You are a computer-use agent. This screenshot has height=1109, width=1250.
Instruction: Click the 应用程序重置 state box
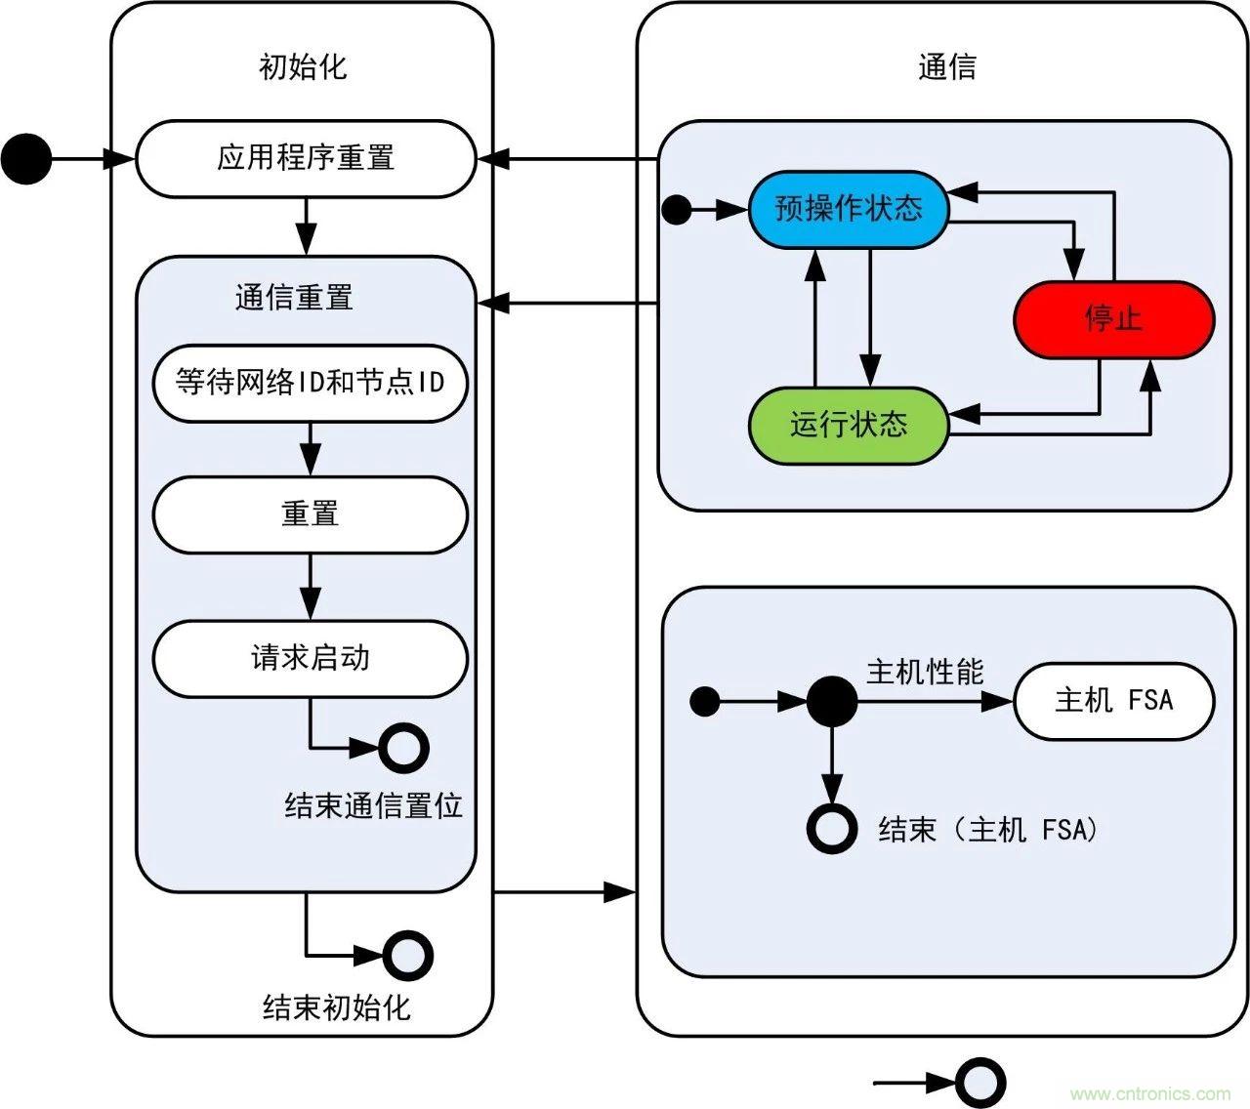pos(305,158)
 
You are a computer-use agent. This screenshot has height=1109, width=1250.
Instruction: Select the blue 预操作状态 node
pos(848,209)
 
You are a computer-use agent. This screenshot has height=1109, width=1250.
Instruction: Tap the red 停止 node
pos(1113,319)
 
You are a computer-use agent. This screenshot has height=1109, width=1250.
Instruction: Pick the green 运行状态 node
pos(848,425)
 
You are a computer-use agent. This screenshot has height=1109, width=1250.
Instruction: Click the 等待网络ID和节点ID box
pos(310,382)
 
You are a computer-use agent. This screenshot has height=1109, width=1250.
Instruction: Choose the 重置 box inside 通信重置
pos(310,514)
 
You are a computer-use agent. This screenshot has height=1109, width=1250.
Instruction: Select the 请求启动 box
pos(310,658)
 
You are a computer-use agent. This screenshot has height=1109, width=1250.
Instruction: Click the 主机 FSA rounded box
pos(1113,700)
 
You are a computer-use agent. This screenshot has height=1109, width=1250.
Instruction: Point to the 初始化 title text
pos(302,66)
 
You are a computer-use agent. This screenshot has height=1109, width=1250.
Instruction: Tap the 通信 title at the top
pos(946,66)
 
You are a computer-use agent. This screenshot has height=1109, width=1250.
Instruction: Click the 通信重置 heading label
pos(293,297)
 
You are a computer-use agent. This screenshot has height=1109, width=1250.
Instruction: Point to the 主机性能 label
pos(924,672)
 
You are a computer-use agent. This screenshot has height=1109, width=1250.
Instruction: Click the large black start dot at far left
pos(26,158)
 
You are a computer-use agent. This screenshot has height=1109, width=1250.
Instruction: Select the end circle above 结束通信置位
pos(403,749)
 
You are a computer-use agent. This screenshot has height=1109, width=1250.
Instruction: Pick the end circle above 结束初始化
pos(407,955)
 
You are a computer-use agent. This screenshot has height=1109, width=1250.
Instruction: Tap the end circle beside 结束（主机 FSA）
pos(832,829)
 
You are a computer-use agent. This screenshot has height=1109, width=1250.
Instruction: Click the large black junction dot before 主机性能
pos(832,701)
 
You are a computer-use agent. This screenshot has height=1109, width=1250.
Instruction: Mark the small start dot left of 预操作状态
pos(676,210)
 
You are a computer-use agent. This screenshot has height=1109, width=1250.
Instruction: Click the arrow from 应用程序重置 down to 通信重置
pos(306,226)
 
